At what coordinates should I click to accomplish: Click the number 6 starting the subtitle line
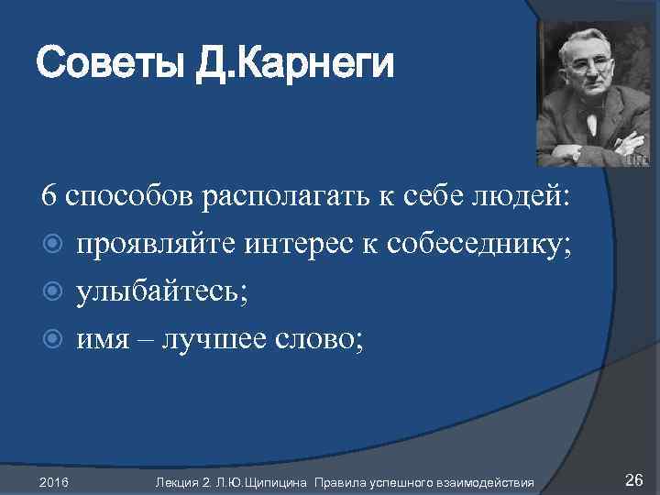pos(49,196)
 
